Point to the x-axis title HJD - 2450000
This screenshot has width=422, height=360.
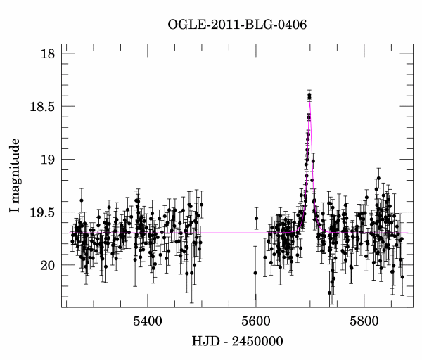click(x=237, y=343)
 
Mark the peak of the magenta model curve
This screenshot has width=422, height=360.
click(x=309, y=103)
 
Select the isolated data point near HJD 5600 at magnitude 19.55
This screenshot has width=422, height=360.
click(x=256, y=219)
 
